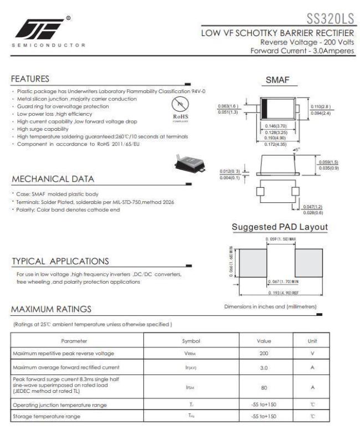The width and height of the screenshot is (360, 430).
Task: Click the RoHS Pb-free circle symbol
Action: coord(178,105)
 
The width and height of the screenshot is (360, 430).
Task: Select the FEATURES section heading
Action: coord(30,79)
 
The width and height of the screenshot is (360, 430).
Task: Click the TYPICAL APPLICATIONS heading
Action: coord(60,261)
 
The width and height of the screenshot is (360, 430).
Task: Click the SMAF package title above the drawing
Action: coord(277,81)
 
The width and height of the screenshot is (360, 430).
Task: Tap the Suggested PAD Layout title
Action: coord(280,227)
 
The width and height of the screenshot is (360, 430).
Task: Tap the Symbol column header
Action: coord(191,341)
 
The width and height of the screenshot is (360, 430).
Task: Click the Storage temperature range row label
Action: coord(47,416)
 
